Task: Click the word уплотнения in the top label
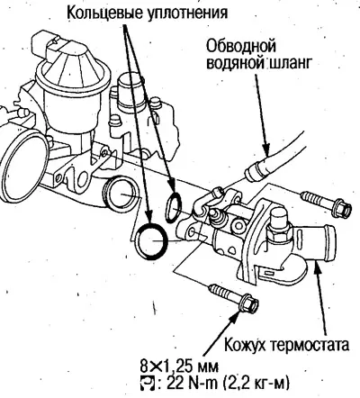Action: pos(186,14)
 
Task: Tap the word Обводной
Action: pos(241,46)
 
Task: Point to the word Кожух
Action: pos(246,344)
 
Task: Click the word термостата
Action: pos(310,345)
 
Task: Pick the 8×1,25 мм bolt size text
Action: pos(179,366)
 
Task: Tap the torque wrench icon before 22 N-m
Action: pos(147,382)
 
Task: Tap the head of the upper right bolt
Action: pos(341,208)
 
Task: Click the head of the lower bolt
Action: pos(248,303)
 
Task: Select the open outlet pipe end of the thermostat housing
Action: pos(329,241)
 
